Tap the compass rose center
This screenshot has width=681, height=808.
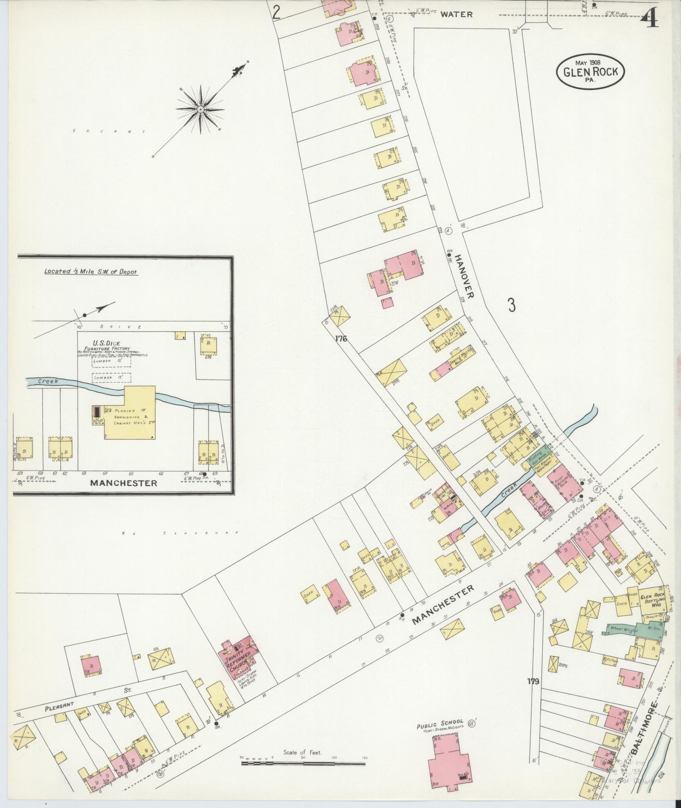coord(200,109)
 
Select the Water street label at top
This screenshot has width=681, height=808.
coord(456,14)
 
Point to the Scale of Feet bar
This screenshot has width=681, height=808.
coord(303,763)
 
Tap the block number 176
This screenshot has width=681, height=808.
coord(341,338)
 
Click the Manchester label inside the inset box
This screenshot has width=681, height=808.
coord(124,483)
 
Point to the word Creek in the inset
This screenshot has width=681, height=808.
coord(47,381)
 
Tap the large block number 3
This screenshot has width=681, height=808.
coord(511,305)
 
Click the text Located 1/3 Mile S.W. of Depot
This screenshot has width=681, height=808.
coord(91,272)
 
